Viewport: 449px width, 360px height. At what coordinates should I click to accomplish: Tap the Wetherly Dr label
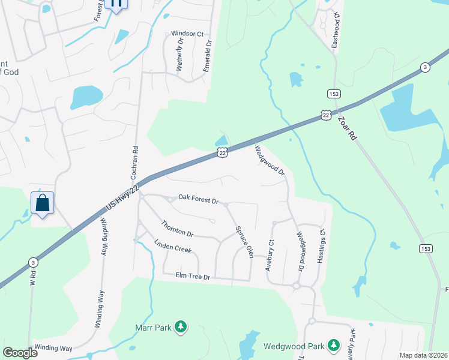(179, 56)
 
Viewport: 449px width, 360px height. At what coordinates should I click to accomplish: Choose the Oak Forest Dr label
(198, 199)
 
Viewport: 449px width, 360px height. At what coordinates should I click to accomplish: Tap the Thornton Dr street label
(177, 229)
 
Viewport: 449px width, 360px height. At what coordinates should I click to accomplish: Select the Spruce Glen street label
(244, 242)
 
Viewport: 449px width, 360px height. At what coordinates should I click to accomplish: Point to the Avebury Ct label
(270, 255)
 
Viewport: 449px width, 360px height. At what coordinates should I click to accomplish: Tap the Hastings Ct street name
(321, 246)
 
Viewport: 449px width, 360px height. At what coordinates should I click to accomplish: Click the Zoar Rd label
(348, 127)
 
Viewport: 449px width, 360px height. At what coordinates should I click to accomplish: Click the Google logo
(20, 352)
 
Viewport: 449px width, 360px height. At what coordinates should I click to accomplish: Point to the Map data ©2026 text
(424, 355)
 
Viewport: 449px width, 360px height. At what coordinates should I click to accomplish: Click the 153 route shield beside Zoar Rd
(334, 94)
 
